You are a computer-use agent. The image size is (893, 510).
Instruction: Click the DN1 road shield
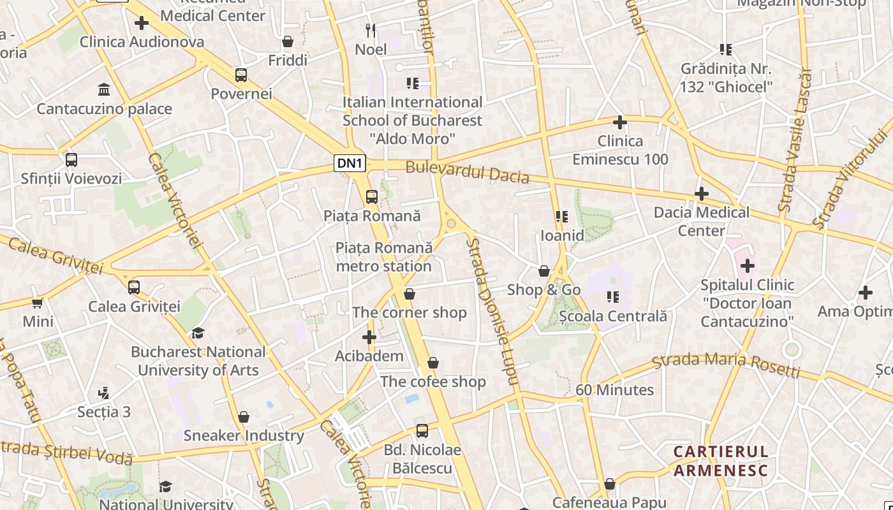point(350,163)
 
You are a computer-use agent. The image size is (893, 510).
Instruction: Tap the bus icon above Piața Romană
point(372,197)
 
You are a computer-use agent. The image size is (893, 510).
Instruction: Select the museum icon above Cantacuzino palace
point(103,89)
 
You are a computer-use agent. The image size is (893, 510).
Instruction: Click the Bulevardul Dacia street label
point(467,172)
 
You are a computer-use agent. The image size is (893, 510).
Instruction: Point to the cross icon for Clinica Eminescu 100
point(619,122)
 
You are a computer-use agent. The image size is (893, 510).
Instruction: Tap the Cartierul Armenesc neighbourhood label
point(721,461)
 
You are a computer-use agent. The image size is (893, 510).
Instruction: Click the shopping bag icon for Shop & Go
point(544,271)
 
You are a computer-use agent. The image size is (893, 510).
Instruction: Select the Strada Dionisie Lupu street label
point(491,311)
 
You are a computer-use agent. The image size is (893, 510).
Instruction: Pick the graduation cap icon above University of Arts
point(198,333)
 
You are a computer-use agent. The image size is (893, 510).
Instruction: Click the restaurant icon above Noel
point(371,30)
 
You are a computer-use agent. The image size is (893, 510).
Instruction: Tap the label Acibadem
point(369,356)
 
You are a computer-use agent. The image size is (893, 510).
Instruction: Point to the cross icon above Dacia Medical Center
point(702,193)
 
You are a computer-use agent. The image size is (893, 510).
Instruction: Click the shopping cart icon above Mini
point(38,303)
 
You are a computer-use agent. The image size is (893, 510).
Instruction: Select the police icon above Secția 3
point(103,393)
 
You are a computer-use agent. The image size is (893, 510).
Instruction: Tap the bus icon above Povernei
point(241,75)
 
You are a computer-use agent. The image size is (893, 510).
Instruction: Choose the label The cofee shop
point(433,382)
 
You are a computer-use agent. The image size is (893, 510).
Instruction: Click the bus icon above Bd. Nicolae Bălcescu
point(422,431)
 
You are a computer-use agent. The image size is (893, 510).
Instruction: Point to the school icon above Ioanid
point(562,217)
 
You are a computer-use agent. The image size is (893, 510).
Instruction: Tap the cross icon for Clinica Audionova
point(142,23)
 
